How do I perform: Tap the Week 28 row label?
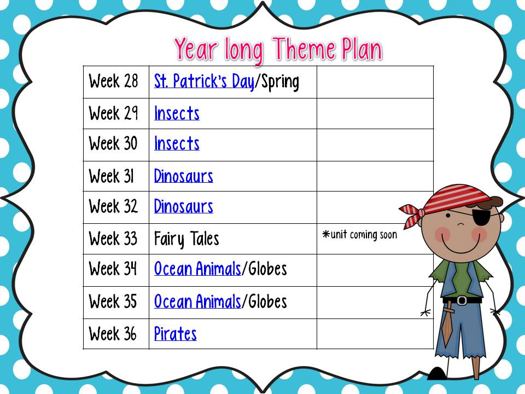114,82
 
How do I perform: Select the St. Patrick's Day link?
204,82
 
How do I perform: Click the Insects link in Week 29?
177,113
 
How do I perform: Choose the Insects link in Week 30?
177,144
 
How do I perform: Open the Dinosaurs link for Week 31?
184,176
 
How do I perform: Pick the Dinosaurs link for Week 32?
184,207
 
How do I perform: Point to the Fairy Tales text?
186,239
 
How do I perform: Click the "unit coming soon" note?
360,235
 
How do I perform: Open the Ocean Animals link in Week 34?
197,269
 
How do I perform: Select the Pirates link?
176,334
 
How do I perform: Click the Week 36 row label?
113,334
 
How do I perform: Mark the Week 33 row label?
113,239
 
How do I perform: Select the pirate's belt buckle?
463,300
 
